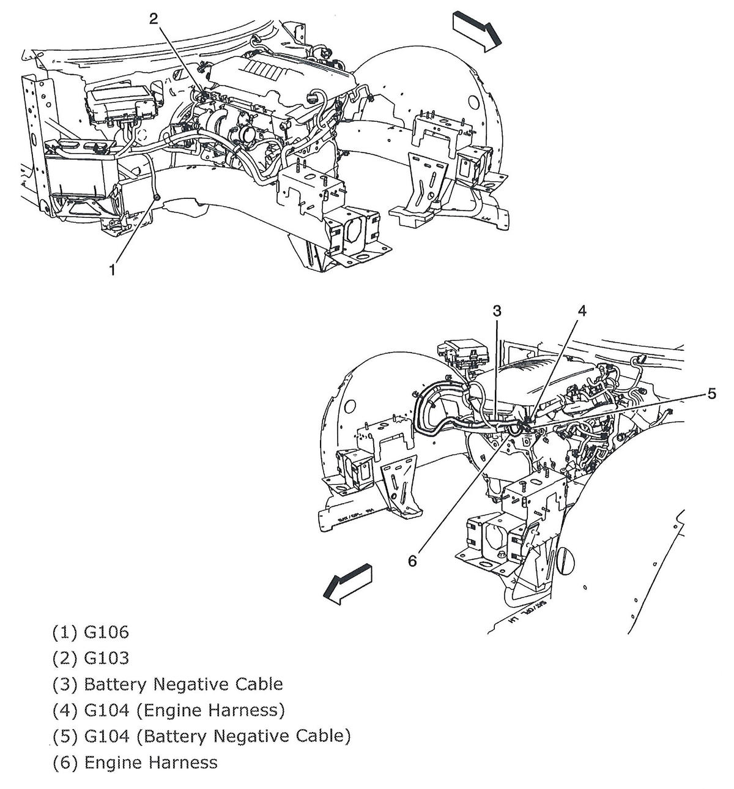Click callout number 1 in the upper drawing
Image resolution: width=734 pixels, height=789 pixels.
pos(112,269)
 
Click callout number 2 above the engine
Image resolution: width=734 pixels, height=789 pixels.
pos(154,18)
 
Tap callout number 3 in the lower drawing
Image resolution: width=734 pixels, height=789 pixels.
pos(497,311)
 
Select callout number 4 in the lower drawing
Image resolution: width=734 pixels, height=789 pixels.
pos(581,311)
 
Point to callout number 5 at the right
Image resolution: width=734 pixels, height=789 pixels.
pos(711,394)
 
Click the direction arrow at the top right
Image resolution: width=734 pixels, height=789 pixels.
pos(477,31)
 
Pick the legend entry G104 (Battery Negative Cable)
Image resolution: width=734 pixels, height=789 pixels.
pos(217,736)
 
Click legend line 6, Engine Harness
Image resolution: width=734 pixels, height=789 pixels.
pos(150,762)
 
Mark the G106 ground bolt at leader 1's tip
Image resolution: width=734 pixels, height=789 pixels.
pos(157,197)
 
